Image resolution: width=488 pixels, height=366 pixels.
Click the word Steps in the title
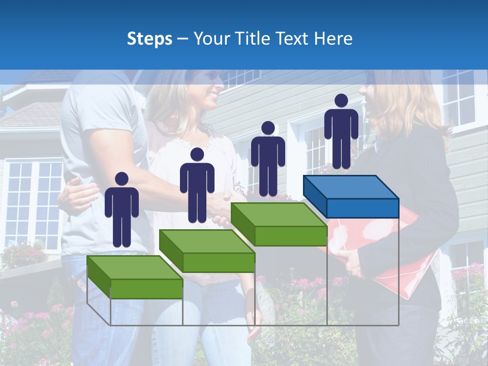149,39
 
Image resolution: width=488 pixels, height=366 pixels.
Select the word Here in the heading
332,39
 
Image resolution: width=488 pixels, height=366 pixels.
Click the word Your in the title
212,39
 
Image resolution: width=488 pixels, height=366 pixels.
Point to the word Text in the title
293,39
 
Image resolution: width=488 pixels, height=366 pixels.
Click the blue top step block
351,196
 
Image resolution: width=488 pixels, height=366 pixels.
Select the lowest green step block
135,277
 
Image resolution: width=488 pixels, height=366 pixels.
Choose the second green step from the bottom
207,250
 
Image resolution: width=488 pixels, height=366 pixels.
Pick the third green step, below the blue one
279,224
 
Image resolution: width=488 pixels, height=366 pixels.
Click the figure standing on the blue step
341,132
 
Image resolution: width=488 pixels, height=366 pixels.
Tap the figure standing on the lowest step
121,210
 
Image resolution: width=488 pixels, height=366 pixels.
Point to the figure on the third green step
268,160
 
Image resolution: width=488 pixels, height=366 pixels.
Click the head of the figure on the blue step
341,101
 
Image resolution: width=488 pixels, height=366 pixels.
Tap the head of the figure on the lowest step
121,179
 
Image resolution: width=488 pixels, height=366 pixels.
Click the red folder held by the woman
386,249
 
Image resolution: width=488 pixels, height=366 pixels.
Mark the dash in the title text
182,39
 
